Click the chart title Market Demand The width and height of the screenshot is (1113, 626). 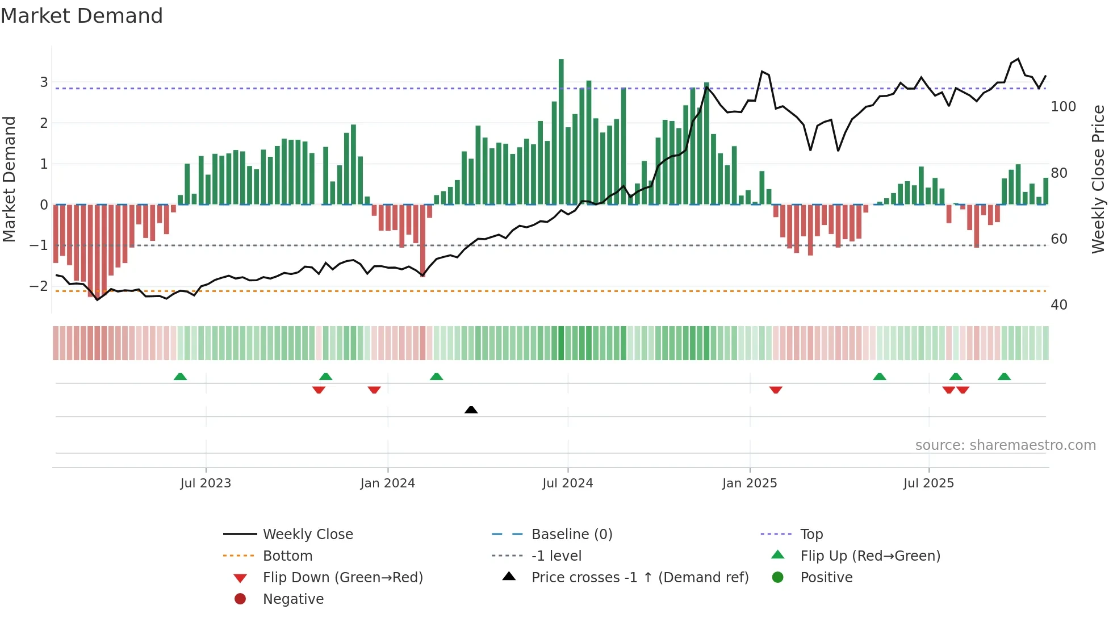coord(82,16)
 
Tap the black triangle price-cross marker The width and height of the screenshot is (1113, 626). coord(471,410)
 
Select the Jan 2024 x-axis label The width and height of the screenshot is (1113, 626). coord(387,483)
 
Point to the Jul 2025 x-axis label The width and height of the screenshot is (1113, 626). coord(928,483)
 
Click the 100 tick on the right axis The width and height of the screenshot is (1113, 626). coord(1063,107)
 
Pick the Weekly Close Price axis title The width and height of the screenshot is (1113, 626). coord(1098,179)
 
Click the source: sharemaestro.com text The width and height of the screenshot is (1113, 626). coord(1005,445)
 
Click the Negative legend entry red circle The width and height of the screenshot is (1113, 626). coord(240,599)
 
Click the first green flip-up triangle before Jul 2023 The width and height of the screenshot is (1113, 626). coord(180,377)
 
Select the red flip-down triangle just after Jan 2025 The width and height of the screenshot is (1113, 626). coord(776,390)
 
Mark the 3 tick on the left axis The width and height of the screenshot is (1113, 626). coord(44,82)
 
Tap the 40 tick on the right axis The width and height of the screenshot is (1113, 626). coord(1058,305)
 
